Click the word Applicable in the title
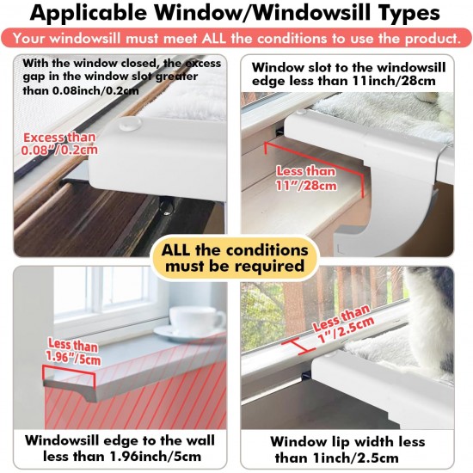(x=89, y=13)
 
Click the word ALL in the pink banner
(x=214, y=39)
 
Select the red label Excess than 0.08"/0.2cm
(x=59, y=144)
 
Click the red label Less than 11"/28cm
(x=306, y=178)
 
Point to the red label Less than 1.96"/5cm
(x=73, y=352)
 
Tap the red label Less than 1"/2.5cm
(x=343, y=324)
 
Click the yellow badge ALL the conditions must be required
(x=235, y=258)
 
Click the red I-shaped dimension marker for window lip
(x=298, y=346)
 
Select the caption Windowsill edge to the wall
(x=120, y=440)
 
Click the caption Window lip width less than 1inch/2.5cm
(x=347, y=450)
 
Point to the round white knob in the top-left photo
(x=130, y=123)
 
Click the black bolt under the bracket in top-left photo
(x=167, y=207)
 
